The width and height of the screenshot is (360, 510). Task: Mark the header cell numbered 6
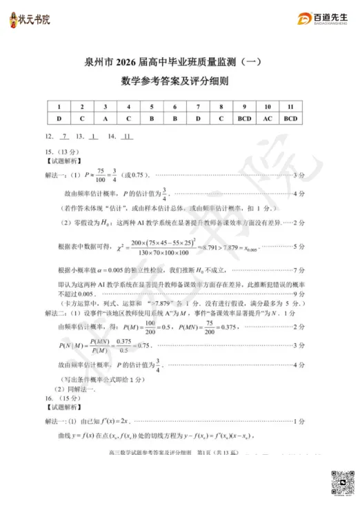click(175, 108)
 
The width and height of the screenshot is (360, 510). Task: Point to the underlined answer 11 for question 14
click(126, 136)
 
